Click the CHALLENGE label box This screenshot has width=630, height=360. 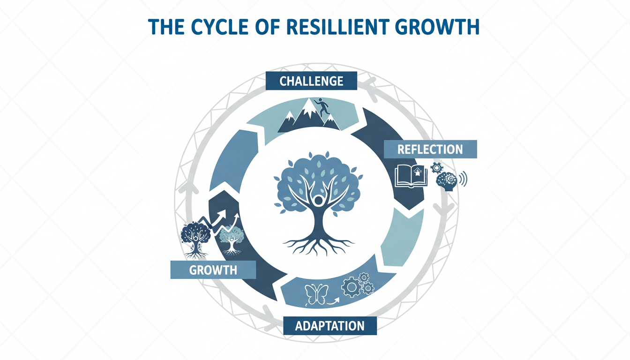311,81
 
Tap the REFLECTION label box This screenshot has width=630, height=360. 430,150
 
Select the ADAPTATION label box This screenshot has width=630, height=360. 330,325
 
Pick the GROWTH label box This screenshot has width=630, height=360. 213,270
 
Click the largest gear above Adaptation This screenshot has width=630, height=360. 351,287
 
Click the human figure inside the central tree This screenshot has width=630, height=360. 318,201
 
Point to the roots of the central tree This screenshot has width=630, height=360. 318,244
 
